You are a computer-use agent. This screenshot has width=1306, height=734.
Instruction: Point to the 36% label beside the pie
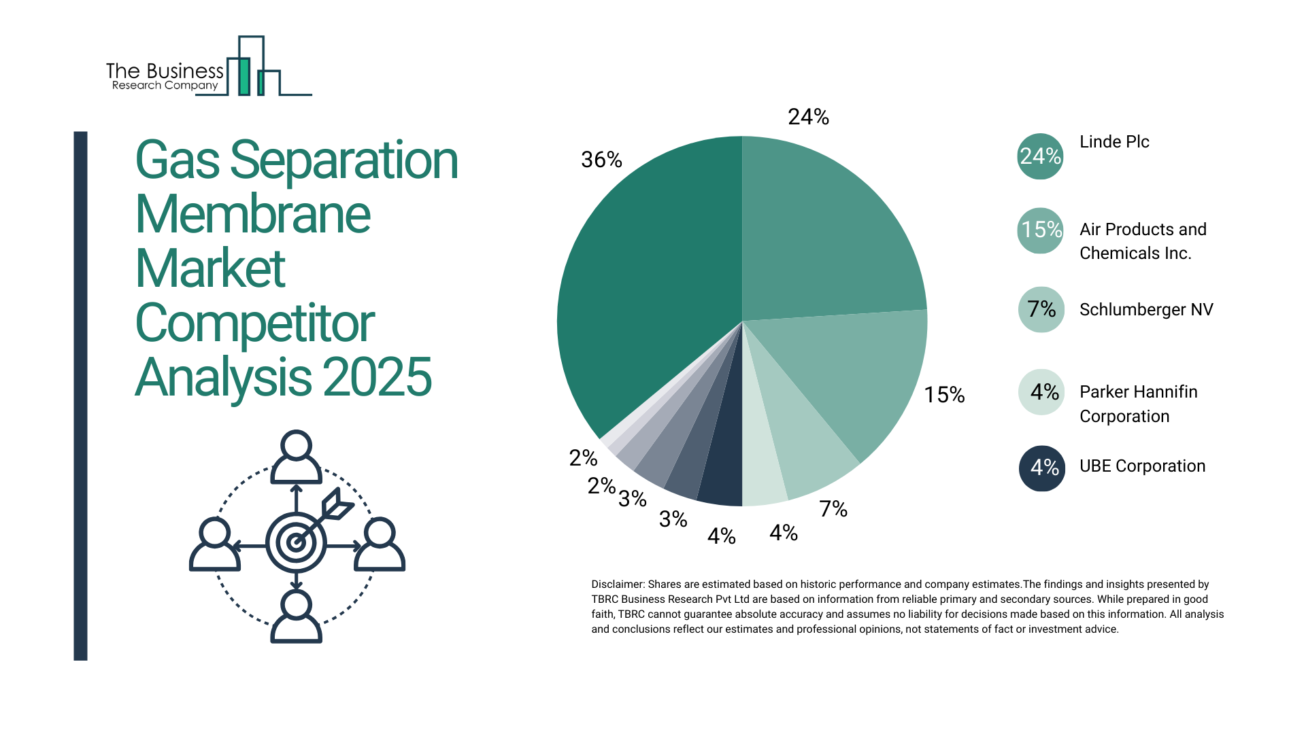(601, 160)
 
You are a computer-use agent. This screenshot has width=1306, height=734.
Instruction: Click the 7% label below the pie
(833, 508)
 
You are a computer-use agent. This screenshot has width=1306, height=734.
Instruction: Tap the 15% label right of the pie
(944, 395)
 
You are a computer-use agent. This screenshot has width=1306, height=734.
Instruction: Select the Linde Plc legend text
(1114, 141)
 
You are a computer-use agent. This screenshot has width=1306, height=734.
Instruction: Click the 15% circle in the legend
(1040, 230)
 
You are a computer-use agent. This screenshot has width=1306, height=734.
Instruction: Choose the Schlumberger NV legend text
(1146, 309)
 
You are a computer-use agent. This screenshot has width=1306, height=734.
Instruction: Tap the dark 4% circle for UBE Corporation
(1041, 468)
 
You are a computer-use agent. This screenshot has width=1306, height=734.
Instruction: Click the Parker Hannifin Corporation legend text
(1138, 404)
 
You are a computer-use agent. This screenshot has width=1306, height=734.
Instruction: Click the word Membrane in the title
(253, 215)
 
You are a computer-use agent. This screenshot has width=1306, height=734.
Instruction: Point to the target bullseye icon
(296, 542)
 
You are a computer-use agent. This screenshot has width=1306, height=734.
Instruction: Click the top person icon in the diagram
(296, 457)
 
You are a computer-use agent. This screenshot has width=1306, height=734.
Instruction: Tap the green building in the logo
(244, 76)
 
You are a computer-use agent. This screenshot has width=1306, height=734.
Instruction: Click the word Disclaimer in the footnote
(617, 584)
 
